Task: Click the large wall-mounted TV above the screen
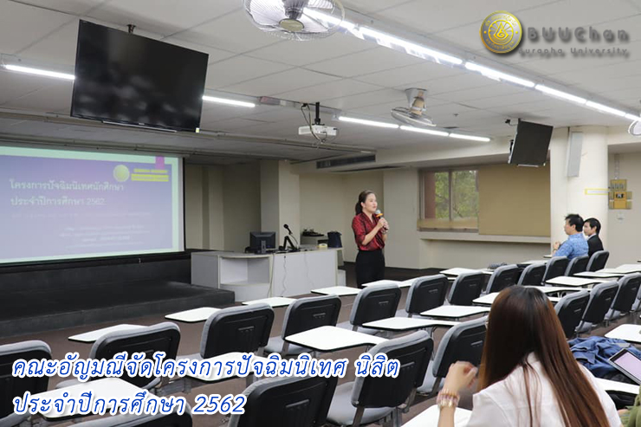pos(139,76)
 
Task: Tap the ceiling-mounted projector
pos(317,130)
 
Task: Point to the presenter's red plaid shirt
pos(367,231)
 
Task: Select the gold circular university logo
pos(501,33)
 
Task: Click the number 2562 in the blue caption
pos(219,404)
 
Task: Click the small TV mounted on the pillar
pos(530,143)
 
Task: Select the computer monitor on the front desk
pos(262,241)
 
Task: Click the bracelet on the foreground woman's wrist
pos(448,398)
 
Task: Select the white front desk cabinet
pos(264,274)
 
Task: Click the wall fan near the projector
pos(413,108)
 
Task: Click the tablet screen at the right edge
pos(628,365)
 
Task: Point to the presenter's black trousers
pos(370,267)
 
